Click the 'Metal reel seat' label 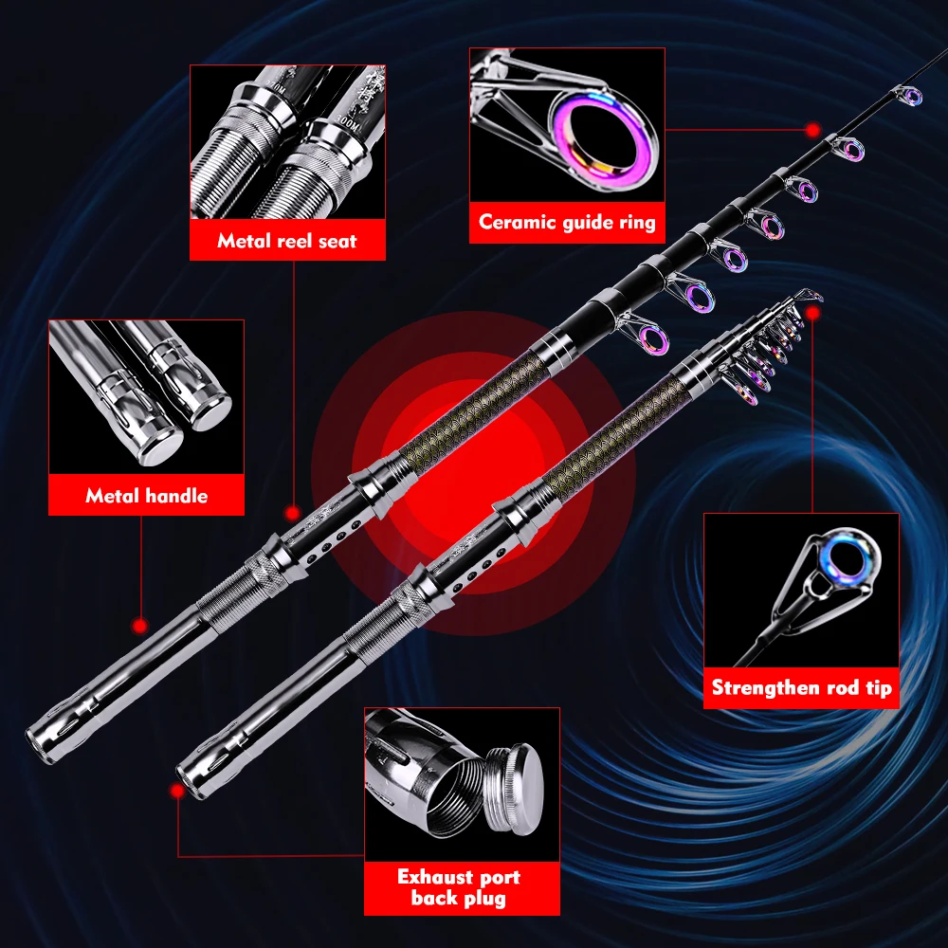[x=287, y=241]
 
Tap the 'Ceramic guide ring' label [x=567, y=222]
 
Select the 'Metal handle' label [x=146, y=495]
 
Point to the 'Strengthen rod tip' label [x=801, y=688]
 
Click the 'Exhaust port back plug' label [x=459, y=887]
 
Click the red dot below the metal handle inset [x=140, y=626]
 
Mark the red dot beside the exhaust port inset [x=176, y=790]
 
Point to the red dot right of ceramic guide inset [x=812, y=128]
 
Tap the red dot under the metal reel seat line [x=293, y=512]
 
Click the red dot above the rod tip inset [x=812, y=310]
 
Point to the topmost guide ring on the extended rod [x=910, y=96]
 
